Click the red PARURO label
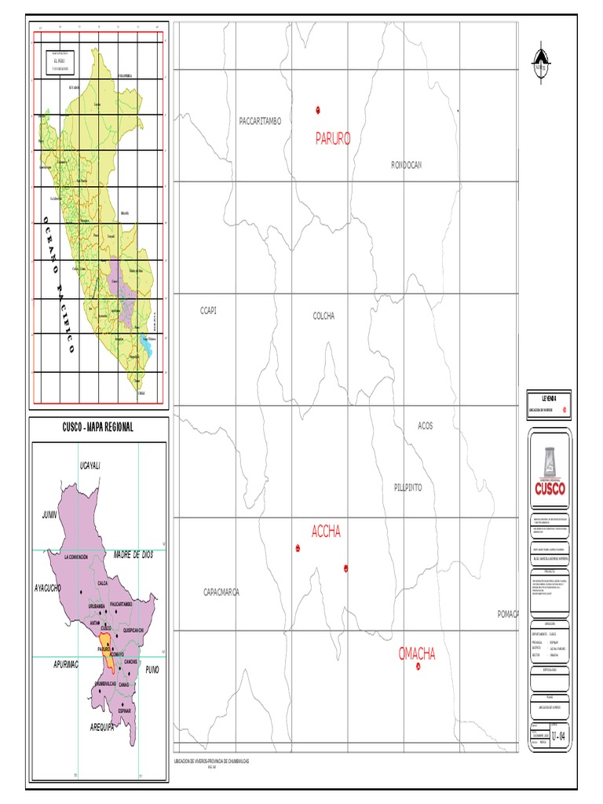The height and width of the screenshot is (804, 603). [x=333, y=139]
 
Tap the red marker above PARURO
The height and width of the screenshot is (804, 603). [x=318, y=109]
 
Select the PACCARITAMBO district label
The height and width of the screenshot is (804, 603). [x=260, y=121]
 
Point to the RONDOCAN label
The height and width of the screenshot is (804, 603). [x=407, y=165]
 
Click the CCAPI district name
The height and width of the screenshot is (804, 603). [x=208, y=311]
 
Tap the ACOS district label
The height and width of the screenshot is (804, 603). [x=425, y=426]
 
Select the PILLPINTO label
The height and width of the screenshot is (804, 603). [x=407, y=488]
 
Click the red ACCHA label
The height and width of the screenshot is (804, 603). [x=326, y=532]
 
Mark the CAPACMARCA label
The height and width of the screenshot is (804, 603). [x=221, y=592]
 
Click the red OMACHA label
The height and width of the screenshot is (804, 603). [x=417, y=654]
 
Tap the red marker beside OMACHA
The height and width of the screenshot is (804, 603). [x=418, y=667]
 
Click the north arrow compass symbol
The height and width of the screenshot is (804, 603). [x=539, y=62]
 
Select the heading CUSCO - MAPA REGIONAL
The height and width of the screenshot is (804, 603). [x=98, y=427]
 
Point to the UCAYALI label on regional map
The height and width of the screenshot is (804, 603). [x=92, y=466]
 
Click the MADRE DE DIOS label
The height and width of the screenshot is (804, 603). [x=131, y=554]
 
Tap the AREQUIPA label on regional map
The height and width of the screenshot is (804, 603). [x=101, y=728]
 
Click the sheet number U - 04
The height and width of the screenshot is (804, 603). [x=558, y=736]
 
